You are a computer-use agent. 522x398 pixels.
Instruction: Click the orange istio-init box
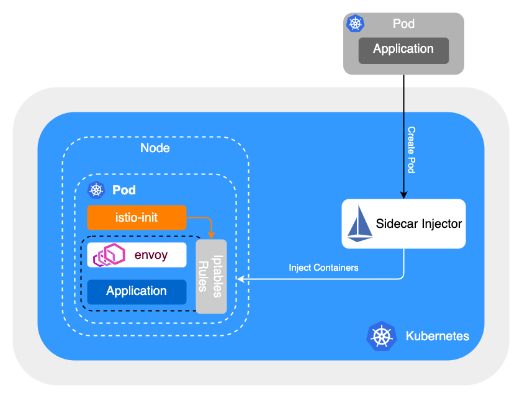(x=137, y=217)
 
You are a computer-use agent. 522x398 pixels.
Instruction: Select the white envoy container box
(x=137, y=255)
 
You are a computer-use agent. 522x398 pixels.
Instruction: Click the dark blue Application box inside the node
(x=137, y=291)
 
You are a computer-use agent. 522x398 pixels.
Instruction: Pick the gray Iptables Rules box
(x=211, y=276)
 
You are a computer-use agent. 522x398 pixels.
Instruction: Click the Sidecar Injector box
(x=403, y=224)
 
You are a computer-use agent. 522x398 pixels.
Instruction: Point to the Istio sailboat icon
(x=360, y=224)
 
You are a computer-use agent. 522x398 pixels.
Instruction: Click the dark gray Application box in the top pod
(x=403, y=50)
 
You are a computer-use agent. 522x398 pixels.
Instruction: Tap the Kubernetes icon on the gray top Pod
(x=355, y=24)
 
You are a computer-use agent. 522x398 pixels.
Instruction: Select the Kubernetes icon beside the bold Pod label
(x=96, y=190)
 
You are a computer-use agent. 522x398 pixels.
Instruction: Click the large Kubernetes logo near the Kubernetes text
(x=381, y=336)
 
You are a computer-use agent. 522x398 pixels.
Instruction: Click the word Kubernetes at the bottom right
(x=437, y=337)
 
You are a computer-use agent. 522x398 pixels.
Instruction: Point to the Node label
(x=155, y=148)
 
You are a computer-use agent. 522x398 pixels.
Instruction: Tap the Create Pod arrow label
(x=412, y=150)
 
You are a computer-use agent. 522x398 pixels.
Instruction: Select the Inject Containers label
(x=323, y=268)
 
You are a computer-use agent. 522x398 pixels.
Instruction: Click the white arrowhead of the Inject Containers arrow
(x=233, y=279)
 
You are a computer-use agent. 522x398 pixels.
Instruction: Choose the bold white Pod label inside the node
(x=124, y=190)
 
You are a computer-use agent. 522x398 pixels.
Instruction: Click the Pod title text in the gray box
(x=403, y=24)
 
